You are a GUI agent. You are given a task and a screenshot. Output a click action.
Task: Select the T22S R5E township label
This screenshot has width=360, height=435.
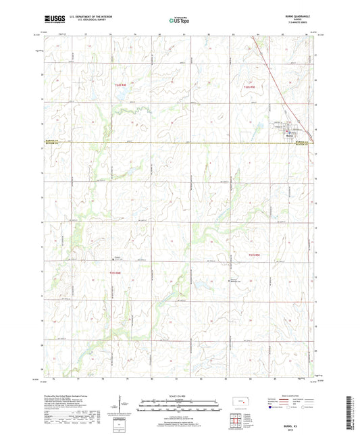[250, 86]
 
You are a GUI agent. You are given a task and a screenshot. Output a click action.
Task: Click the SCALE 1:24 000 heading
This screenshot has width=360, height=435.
[180, 395]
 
